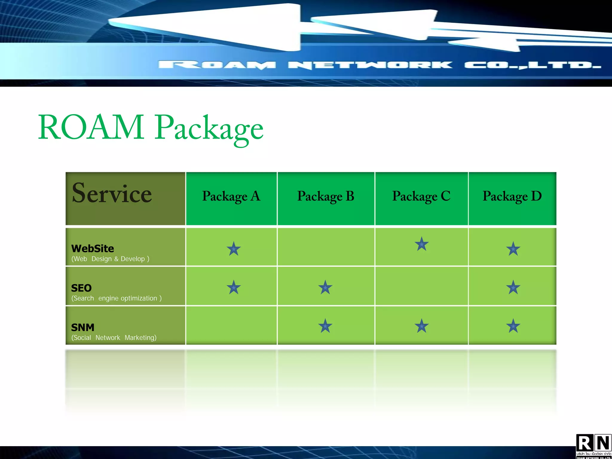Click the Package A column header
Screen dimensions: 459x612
tap(231, 196)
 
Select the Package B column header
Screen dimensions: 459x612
tap(325, 196)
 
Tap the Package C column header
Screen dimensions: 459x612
tap(421, 196)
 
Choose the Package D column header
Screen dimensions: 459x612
tap(512, 196)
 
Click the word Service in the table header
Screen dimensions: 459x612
tap(112, 193)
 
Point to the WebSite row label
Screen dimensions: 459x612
tap(93, 248)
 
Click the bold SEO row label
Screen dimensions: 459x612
tap(81, 288)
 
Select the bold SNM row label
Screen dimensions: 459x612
tap(83, 328)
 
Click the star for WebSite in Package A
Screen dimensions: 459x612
tap(234, 249)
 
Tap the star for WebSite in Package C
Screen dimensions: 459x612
tap(422, 244)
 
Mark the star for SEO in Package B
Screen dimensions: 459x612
tap(325, 287)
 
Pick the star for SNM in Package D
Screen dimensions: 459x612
tap(513, 326)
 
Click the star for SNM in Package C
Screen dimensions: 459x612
tap(422, 326)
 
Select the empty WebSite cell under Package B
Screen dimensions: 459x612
tap(326, 247)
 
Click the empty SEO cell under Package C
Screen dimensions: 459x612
tap(421, 286)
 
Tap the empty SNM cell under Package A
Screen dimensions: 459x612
tap(231, 325)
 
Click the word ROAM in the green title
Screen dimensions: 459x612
tap(91, 127)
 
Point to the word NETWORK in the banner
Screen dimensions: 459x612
tap(370, 65)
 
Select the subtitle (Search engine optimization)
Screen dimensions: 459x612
tap(117, 298)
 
